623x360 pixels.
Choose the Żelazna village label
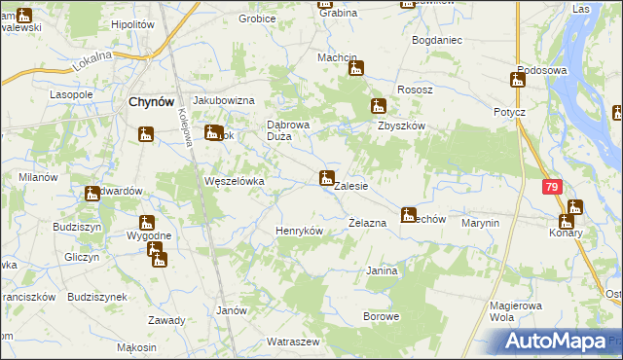coord(368,223)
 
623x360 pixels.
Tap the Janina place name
coord(382,270)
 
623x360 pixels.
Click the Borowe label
coord(381,316)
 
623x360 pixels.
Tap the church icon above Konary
coord(575,207)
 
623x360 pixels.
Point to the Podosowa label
coord(542,69)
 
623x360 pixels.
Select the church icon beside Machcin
coord(357,69)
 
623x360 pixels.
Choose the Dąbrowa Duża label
coord(287,129)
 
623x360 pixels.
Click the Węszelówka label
coord(234,181)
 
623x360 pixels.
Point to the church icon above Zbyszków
coord(378,106)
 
